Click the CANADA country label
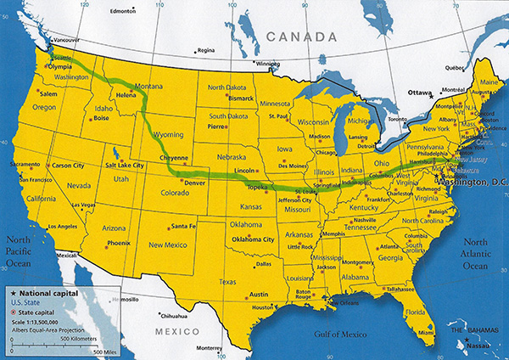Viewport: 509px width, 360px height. click(299, 37)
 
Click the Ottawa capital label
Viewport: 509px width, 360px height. click(419, 92)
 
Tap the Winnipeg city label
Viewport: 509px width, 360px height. click(267, 64)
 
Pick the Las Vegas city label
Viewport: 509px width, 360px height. click(81, 205)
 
